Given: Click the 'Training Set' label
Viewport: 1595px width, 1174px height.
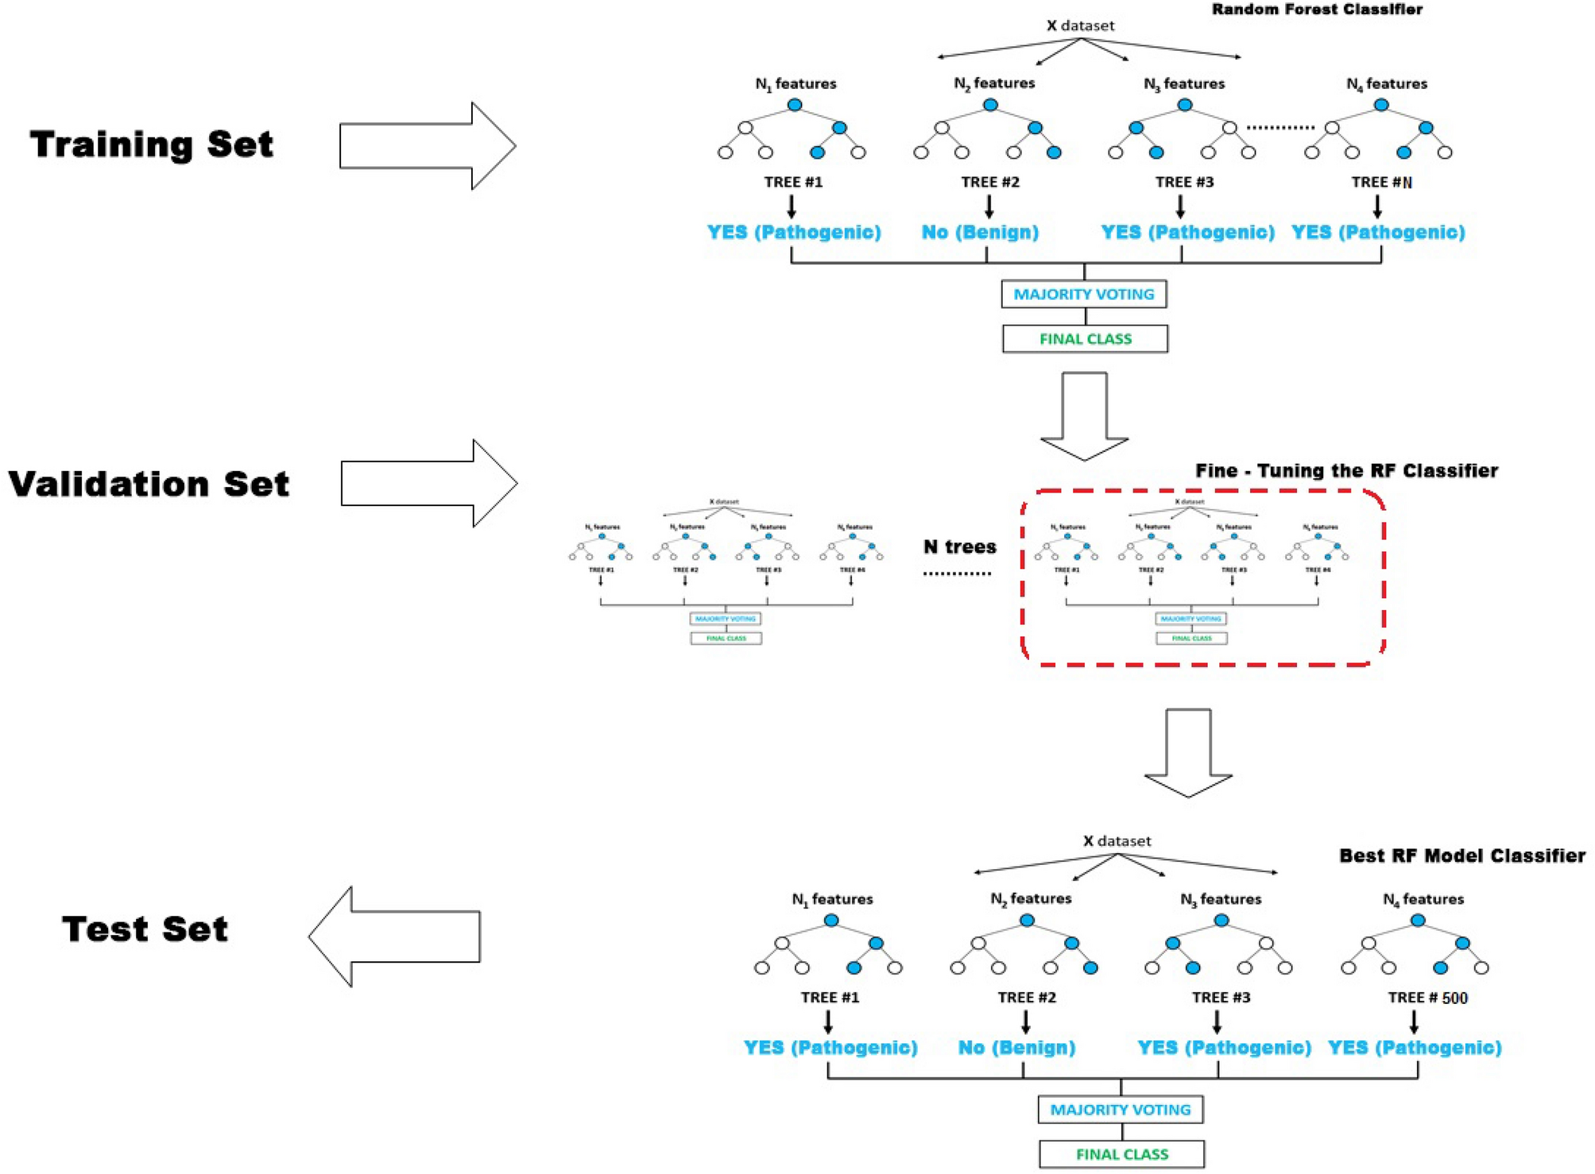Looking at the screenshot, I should point(151,145).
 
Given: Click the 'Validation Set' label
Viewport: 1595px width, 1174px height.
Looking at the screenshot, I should point(149,484).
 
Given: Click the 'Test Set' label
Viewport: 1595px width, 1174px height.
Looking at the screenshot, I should point(145,929).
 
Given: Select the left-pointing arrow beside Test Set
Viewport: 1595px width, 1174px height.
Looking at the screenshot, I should point(395,936).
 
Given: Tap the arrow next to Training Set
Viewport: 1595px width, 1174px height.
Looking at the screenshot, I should point(428,145).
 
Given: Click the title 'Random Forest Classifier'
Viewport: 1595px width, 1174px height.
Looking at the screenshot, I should point(1316,10).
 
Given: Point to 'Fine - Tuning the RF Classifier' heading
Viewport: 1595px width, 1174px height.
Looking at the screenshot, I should point(1345,470).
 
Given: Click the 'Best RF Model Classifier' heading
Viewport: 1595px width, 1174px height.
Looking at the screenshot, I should point(1461,855).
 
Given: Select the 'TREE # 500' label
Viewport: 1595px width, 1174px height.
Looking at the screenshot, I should point(1427,998).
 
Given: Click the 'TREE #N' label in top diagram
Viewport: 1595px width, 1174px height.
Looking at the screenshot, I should point(1381,182).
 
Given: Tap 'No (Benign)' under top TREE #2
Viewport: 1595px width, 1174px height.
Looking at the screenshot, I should point(979,232).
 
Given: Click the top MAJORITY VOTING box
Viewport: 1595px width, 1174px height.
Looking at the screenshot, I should point(1083,294).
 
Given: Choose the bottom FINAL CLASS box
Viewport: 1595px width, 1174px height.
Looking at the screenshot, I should point(1121,1154).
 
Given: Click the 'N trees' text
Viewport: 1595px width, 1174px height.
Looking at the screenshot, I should point(959,546).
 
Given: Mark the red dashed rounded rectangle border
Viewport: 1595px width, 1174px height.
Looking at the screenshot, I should point(1384,580).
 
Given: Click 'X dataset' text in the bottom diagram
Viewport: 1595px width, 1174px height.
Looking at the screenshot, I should point(1117,840).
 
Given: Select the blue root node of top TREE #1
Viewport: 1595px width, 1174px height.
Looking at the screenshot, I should point(794,105).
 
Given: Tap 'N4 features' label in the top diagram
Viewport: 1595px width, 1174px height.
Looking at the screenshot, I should point(1386,83).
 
